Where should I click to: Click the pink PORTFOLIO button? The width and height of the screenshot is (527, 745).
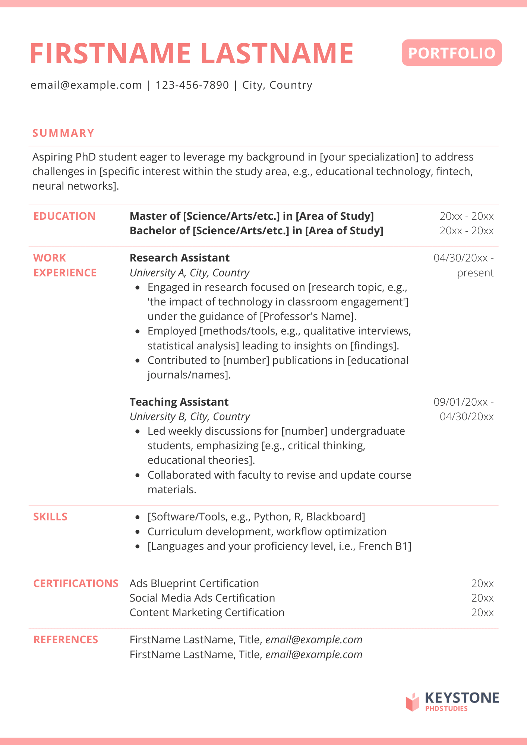tap(451, 53)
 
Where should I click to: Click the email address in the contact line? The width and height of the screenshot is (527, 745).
tap(86, 85)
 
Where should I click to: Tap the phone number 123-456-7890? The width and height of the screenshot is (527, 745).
tap(192, 85)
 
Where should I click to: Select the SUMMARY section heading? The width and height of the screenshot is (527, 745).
tap(63, 133)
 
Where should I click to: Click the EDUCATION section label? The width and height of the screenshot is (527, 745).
tap(64, 216)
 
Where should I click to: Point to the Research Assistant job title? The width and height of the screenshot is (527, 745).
tap(179, 258)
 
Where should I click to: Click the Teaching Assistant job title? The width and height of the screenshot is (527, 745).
tap(179, 402)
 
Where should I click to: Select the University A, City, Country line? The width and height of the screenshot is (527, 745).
tap(189, 273)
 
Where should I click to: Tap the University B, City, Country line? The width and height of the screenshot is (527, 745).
tap(190, 416)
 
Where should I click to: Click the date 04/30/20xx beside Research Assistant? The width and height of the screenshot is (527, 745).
tap(461, 258)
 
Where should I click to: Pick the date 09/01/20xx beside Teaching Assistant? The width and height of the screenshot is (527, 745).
tap(461, 402)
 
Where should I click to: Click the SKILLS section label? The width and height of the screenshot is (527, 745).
tap(50, 517)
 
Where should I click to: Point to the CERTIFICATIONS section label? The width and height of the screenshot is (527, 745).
tap(76, 583)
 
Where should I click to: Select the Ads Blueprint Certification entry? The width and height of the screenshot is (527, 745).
tap(194, 583)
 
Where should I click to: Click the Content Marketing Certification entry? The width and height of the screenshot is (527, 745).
tap(207, 612)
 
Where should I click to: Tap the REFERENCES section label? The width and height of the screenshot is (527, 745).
tap(66, 640)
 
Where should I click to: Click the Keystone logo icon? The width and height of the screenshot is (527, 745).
tap(413, 702)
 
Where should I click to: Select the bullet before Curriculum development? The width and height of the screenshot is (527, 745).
tap(138, 532)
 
